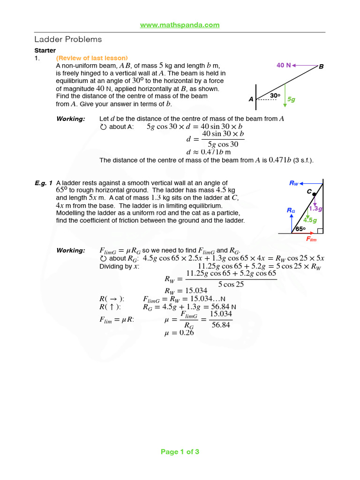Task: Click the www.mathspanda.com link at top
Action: [180, 25]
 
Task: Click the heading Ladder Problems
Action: [68, 39]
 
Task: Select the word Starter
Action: [45, 50]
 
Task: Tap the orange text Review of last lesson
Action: [92, 58]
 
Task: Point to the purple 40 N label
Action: [284, 65]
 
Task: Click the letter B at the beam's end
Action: [321, 67]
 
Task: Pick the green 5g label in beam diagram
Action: [291, 99]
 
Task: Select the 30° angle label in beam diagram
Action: [275, 95]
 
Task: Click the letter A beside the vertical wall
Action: [251, 99]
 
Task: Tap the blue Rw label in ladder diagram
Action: [294, 183]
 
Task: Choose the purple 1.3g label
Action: [316, 209]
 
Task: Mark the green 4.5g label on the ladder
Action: [310, 220]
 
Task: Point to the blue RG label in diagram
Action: [291, 210]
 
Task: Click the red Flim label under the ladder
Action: [311, 239]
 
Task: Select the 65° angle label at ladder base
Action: [300, 229]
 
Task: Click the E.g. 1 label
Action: [43, 183]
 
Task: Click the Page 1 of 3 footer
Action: [180, 452]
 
